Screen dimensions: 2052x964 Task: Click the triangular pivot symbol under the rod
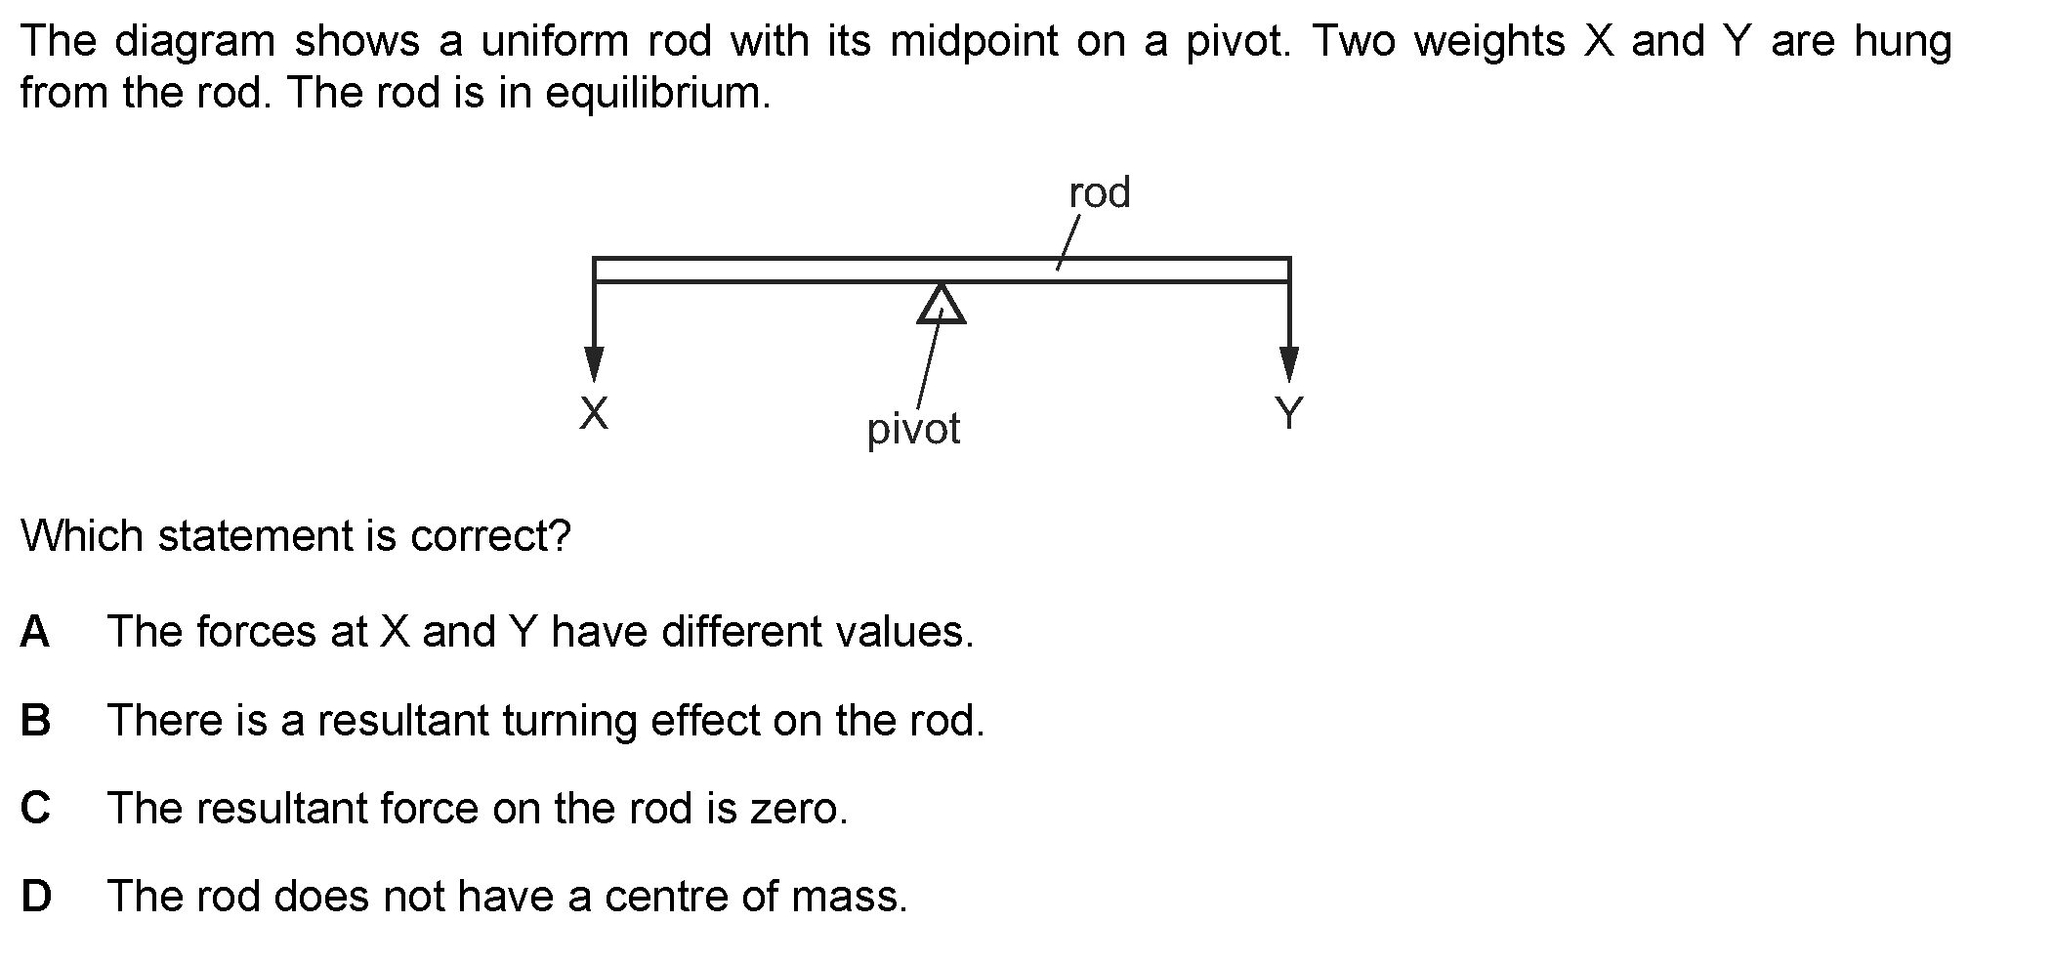tap(942, 304)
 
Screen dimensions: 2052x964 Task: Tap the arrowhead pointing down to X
tap(594, 364)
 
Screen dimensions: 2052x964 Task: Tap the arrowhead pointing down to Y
tap(1289, 364)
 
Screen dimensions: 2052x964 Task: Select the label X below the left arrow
tap(594, 413)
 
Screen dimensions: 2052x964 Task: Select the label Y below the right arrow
tap(1289, 413)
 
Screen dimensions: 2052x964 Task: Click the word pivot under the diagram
tap(914, 430)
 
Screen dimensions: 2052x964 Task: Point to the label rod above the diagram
tap(1100, 193)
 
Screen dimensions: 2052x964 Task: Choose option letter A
tap(34, 632)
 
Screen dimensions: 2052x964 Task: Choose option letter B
tap(35, 721)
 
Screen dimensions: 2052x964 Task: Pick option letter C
tap(35, 809)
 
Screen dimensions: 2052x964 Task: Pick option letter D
tap(36, 897)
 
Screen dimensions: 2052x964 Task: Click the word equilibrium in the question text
tap(658, 95)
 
